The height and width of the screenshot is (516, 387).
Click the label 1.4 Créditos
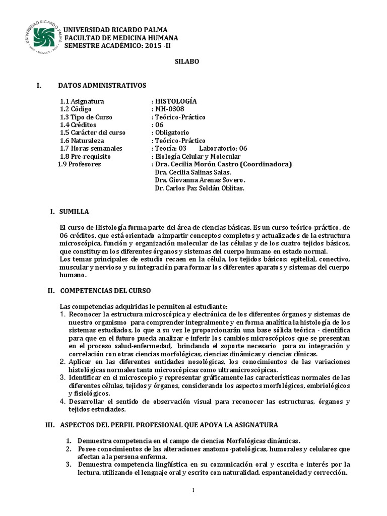pos(78,124)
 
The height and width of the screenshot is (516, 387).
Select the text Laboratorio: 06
pos(223,148)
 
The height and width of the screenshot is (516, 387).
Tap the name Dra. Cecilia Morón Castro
pos(197,164)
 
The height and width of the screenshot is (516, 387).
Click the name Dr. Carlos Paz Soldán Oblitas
pos(200,188)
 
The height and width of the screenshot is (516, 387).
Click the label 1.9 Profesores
pos(80,164)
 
